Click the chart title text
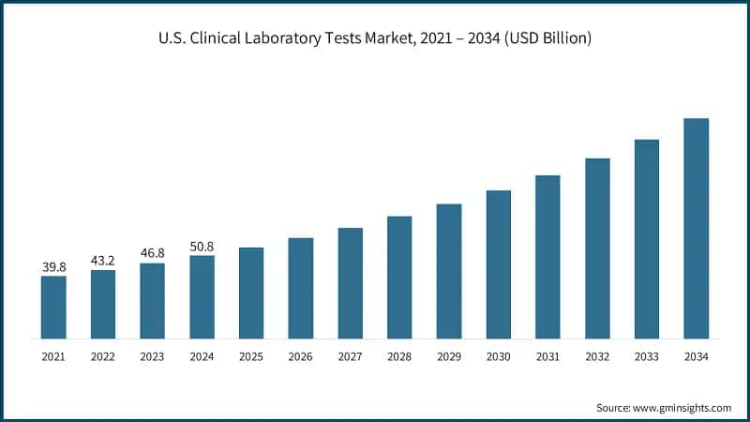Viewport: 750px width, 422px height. [375, 38]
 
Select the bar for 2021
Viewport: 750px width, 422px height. [53, 307]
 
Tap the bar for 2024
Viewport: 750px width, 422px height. [202, 296]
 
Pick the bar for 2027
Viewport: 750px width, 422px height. [350, 282]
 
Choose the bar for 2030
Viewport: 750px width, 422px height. [498, 264]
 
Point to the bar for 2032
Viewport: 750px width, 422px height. [597, 248]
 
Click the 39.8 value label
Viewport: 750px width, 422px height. [53, 267]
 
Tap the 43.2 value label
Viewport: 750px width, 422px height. [103, 262]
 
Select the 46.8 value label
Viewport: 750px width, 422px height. [152, 254]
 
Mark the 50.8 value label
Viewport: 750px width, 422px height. [202, 247]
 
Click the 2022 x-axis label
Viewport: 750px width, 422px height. [103, 357]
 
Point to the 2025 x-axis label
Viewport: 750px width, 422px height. [251, 357]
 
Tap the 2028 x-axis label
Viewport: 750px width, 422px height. [399, 357]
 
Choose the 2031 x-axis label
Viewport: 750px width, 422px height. [547, 357]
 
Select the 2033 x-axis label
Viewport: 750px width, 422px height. [646, 357]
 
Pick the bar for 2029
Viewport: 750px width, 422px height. [449, 271]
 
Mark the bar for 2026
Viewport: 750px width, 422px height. [300, 288]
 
